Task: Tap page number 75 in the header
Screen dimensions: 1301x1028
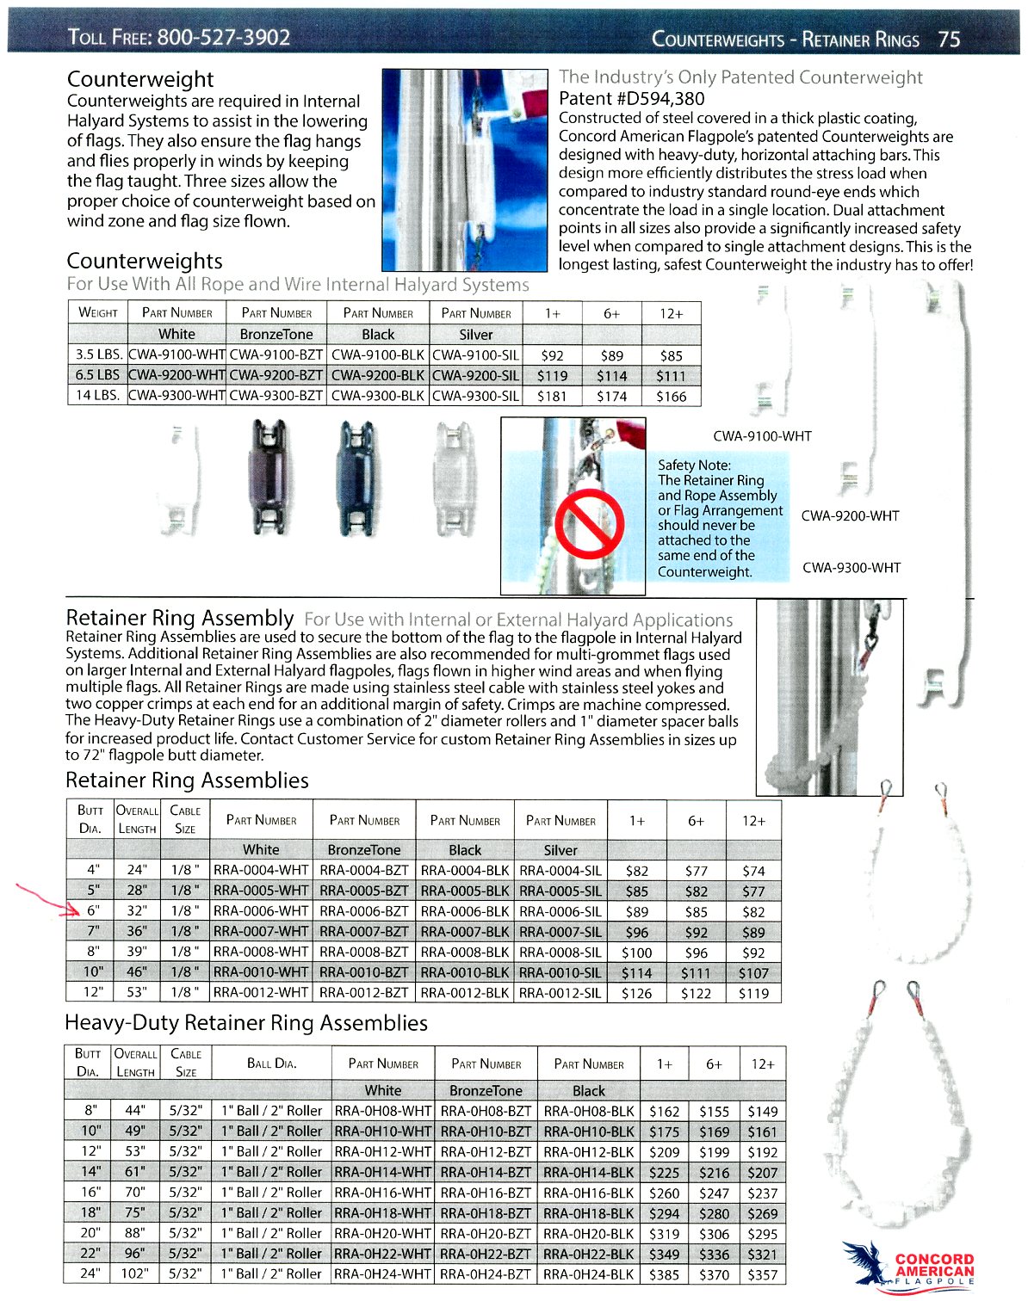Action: [949, 40]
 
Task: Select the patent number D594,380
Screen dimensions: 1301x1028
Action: [632, 98]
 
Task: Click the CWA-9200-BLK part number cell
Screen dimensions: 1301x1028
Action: [378, 375]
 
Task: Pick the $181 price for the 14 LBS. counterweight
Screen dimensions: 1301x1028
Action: [552, 396]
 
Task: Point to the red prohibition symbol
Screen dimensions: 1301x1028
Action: [590, 526]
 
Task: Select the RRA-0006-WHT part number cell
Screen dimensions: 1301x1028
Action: [261, 910]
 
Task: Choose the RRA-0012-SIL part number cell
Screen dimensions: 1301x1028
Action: [560, 992]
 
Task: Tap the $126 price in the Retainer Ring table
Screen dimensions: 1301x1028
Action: [637, 992]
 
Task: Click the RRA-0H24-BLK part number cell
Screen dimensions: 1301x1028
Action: [589, 1273]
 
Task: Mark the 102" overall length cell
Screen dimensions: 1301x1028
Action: [135, 1273]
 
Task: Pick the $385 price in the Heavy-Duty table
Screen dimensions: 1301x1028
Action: [665, 1274]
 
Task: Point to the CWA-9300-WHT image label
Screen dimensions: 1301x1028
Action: [852, 567]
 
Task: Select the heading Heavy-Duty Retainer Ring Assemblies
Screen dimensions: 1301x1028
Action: [246, 1022]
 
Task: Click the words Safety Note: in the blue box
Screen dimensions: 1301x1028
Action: [694, 465]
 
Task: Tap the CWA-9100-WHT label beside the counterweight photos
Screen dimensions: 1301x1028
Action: [762, 436]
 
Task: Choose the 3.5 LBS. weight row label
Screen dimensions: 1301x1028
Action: [97, 355]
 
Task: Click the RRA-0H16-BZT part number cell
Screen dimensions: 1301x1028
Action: [486, 1193]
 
